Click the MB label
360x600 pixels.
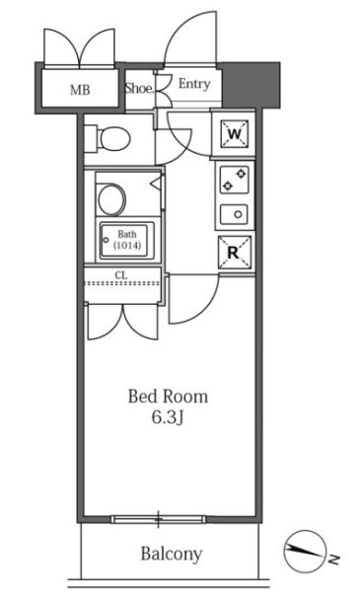point(80,90)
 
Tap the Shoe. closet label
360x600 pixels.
point(139,89)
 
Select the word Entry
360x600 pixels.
point(194,84)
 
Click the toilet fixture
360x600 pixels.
point(108,138)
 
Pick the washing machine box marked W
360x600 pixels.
point(234,134)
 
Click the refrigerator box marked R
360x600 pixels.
point(235,252)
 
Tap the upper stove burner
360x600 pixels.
point(241,174)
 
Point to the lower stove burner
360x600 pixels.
point(228,186)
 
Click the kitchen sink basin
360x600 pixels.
point(234,214)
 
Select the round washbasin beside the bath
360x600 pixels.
point(110,199)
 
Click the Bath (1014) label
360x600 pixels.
point(127,240)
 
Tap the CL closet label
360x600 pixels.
point(121,274)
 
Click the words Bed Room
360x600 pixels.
point(168,397)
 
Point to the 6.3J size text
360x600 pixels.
point(168,417)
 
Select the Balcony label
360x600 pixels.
point(171,554)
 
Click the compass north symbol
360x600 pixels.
point(305,551)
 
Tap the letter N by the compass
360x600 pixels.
point(334,560)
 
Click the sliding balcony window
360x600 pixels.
point(159,519)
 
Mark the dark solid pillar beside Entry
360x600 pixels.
point(251,85)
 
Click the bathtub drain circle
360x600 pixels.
point(106,241)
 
